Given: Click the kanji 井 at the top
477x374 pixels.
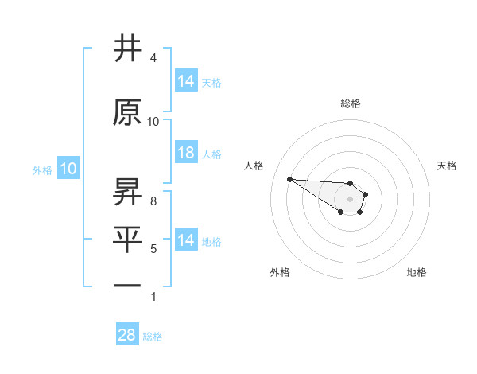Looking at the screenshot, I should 127,49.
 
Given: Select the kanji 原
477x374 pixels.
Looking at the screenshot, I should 127,113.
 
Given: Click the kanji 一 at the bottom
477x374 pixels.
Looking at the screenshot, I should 127,284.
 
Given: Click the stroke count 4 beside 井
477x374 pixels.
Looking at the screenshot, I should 153,58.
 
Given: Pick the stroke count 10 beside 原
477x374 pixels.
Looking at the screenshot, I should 153,121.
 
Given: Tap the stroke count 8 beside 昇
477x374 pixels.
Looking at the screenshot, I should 153,201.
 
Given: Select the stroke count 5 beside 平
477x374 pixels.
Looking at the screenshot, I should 153,249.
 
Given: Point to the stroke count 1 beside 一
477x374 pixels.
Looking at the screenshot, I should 153,297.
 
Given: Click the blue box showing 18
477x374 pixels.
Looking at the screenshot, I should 186,153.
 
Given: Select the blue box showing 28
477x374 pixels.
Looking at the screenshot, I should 126,335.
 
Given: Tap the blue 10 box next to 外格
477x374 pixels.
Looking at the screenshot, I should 68,169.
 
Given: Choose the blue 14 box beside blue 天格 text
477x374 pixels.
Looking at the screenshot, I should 186,81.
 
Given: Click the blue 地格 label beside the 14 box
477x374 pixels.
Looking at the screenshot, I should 211,241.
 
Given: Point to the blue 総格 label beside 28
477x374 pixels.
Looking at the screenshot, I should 153,337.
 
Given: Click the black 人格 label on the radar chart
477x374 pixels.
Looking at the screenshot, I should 254,166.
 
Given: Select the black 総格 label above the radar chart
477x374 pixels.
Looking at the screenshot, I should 351,103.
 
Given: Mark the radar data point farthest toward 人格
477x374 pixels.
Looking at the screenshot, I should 289,179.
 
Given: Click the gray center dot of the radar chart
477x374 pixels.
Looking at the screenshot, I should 350,199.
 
